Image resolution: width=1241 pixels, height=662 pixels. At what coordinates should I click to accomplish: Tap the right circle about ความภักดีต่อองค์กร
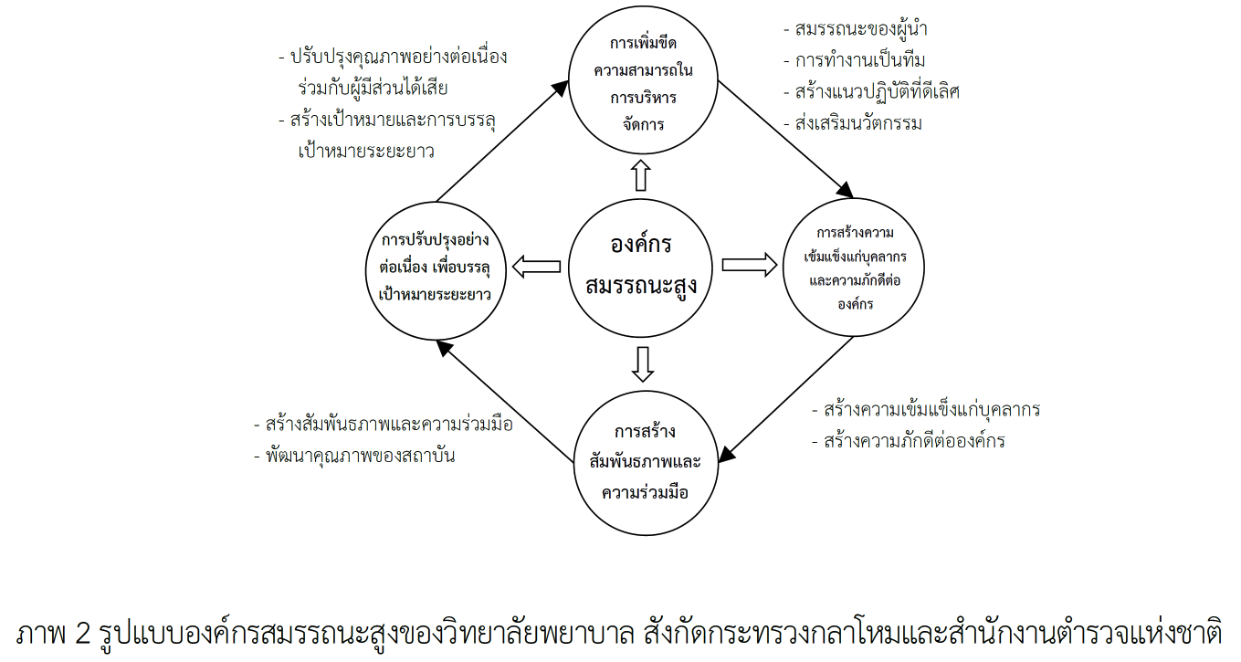pos(855,267)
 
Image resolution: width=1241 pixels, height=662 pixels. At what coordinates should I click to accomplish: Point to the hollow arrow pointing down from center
pos(643,363)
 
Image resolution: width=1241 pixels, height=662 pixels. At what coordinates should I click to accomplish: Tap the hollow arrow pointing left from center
pos(537,267)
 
